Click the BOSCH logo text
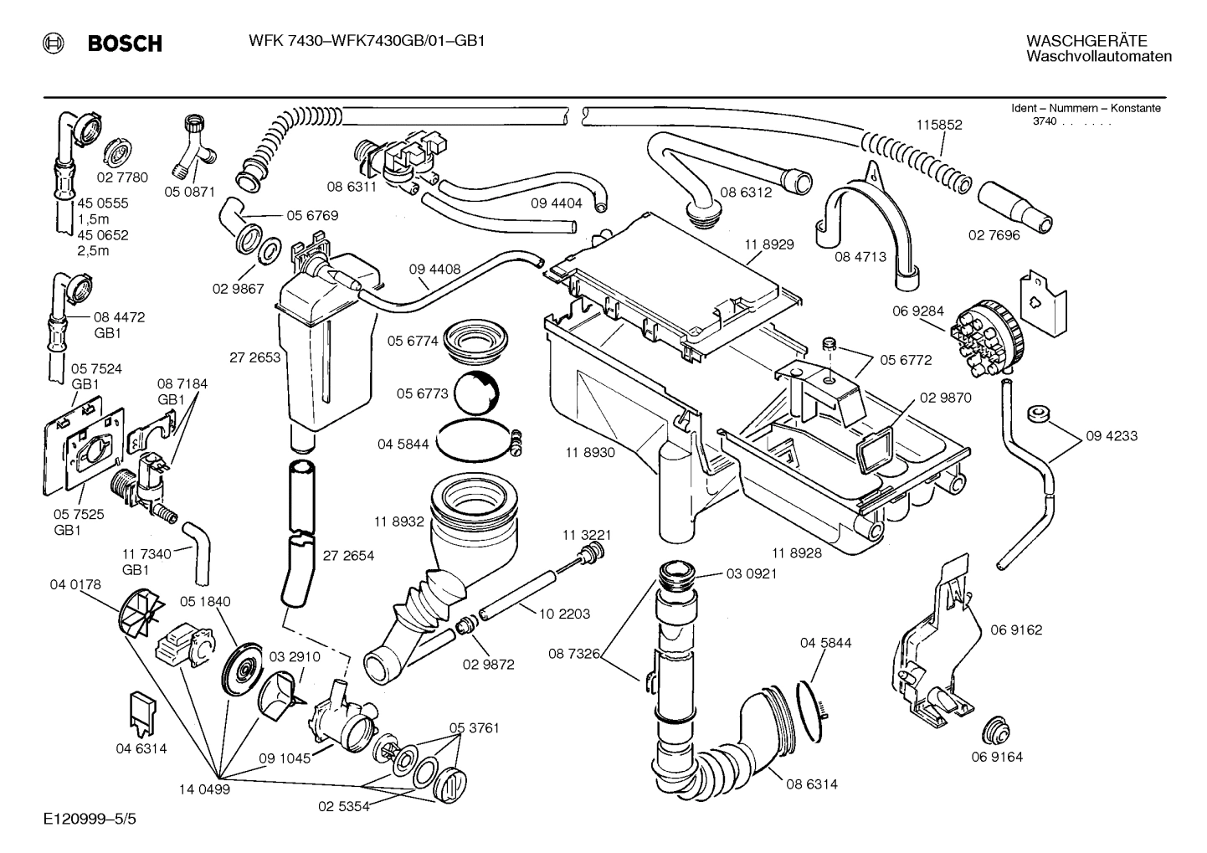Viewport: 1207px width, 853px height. (125, 44)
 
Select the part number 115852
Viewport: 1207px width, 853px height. (939, 125)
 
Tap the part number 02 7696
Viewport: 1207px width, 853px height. (994, 235)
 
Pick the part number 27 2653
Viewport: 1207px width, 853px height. (254, 357)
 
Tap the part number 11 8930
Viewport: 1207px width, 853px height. (589, 452)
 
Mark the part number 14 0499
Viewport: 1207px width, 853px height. (204, 789)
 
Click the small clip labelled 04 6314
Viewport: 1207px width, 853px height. (141, 712)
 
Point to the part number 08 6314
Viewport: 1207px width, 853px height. (811, 784)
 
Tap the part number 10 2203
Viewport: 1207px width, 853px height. (564, 614)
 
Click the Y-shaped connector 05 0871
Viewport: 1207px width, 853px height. (197, 143)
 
